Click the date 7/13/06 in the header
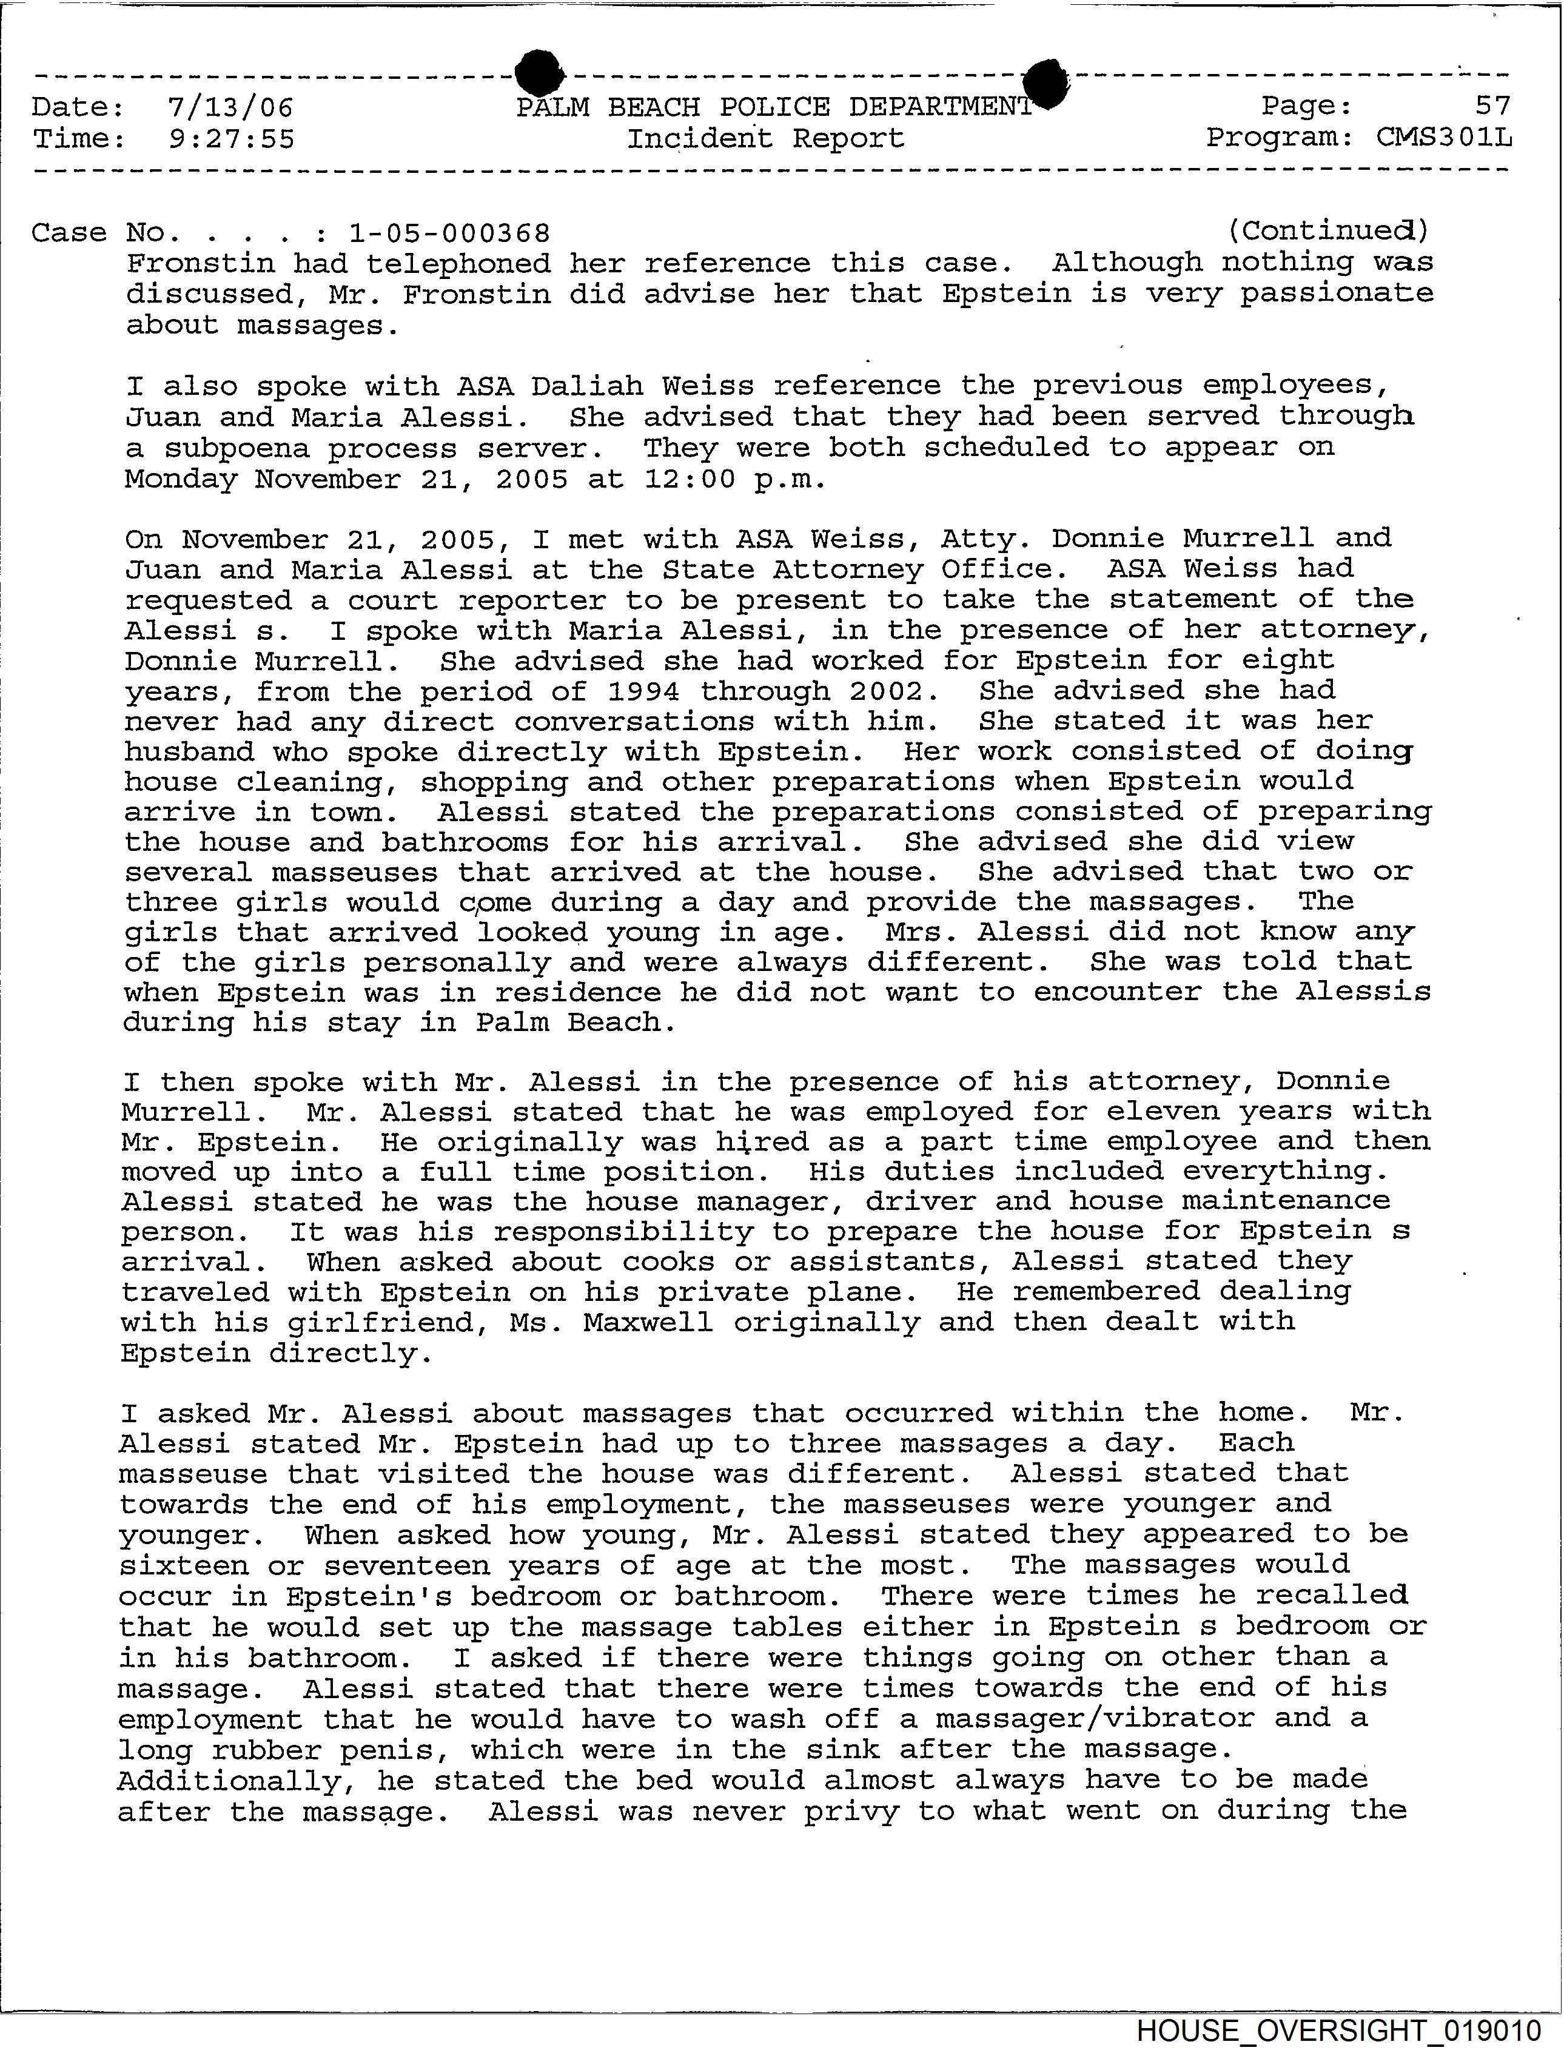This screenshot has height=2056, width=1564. click(x=230, y=108)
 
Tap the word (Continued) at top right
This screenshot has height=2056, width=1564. click(x=1327, y=230)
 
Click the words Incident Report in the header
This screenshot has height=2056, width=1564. click(x=765, y=139)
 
